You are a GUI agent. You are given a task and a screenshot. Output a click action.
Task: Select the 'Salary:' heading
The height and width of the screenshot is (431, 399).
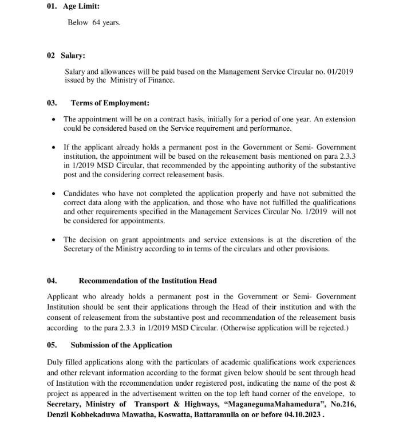[73, 56]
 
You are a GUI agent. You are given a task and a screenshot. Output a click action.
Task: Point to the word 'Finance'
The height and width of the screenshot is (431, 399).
[160, 80]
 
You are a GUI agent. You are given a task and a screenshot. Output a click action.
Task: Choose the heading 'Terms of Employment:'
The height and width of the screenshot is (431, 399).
[110, 103]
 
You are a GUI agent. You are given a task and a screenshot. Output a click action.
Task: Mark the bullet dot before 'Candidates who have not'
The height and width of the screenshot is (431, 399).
[53, 194]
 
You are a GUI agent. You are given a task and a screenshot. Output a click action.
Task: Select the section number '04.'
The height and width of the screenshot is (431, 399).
[52, 281]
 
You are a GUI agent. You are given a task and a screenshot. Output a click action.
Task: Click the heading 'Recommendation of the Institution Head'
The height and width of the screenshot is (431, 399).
[148, 281]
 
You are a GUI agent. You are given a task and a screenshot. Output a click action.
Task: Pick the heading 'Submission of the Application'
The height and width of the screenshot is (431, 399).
[121, 345]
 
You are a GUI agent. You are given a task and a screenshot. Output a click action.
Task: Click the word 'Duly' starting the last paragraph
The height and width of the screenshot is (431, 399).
[55, 362]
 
